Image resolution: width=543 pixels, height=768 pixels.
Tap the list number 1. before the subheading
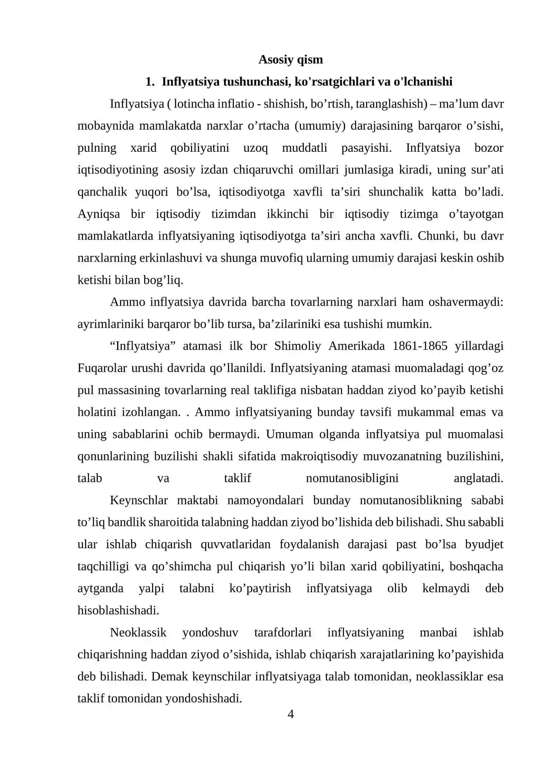150,82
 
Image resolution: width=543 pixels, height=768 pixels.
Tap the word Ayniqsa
99,214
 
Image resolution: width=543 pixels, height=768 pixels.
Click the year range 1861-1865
420,346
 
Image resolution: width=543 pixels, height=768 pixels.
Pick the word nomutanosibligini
352,478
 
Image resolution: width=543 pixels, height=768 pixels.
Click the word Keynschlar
139,500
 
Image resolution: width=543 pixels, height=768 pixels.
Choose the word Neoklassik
138,633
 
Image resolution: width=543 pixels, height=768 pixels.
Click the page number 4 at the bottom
291,714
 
